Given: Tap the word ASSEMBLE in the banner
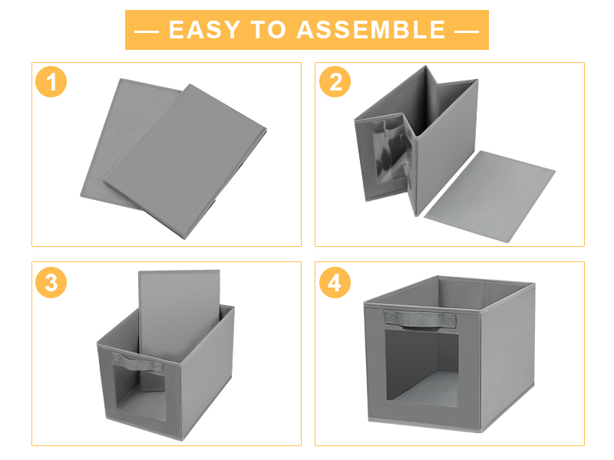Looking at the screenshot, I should [371, 30].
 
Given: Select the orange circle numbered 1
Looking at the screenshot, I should [51, 83].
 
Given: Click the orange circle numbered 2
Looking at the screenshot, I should [335, 83].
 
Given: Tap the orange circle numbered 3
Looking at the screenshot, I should [51, 283].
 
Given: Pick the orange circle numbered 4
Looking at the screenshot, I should [335, 283].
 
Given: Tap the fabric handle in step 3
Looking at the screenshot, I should [128, 360].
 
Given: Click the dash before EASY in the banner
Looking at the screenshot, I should [147, 31].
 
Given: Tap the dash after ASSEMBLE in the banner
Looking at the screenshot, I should [466, 31].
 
